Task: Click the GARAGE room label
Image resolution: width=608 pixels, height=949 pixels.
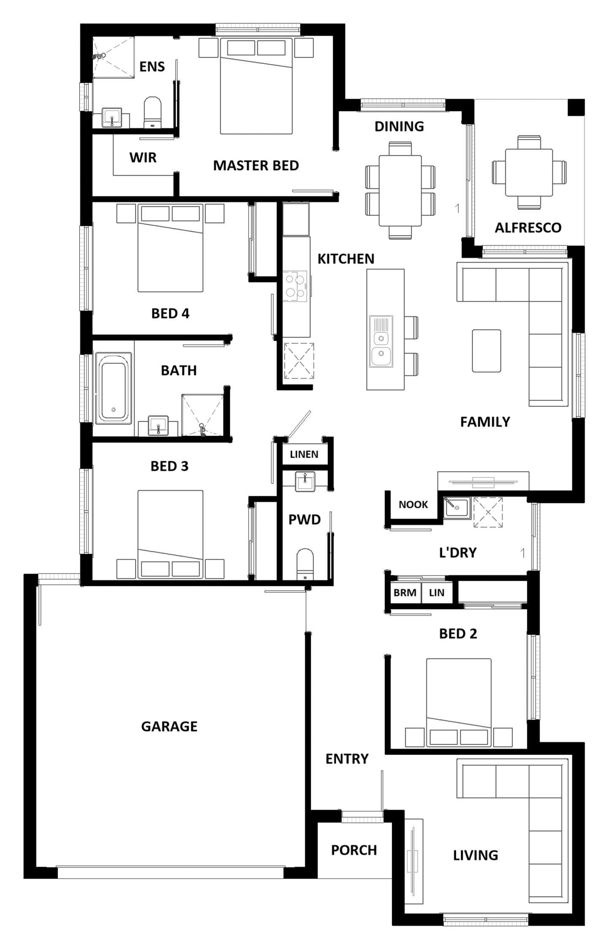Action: coord(169,726)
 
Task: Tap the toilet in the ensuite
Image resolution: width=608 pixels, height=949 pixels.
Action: coord(153,112)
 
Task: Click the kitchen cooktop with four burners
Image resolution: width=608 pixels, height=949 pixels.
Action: coord(295,286)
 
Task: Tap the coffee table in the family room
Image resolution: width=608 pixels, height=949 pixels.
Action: coord(486,351)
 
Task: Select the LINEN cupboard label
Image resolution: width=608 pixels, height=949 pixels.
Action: coord(304,454)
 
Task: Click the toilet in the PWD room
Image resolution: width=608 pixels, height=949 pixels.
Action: coord(305,564)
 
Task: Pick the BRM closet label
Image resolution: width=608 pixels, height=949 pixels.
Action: coord(404,593)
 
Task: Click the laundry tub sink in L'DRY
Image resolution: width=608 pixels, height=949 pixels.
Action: coord(457,507)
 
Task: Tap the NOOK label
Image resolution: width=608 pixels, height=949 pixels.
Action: coord(413,504)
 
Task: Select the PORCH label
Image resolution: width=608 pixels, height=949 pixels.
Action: coord(354,850)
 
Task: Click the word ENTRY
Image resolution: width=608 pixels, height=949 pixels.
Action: coord(347,759)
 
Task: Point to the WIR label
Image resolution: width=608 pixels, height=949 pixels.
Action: coord(143,158)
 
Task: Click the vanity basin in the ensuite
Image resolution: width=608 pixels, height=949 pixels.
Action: coord(112,117)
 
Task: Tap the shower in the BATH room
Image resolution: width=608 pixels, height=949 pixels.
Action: coord(202,415)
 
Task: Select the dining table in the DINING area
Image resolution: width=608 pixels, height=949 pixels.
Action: coord(400,191)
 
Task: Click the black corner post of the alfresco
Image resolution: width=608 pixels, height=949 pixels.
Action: coord(575,107)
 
